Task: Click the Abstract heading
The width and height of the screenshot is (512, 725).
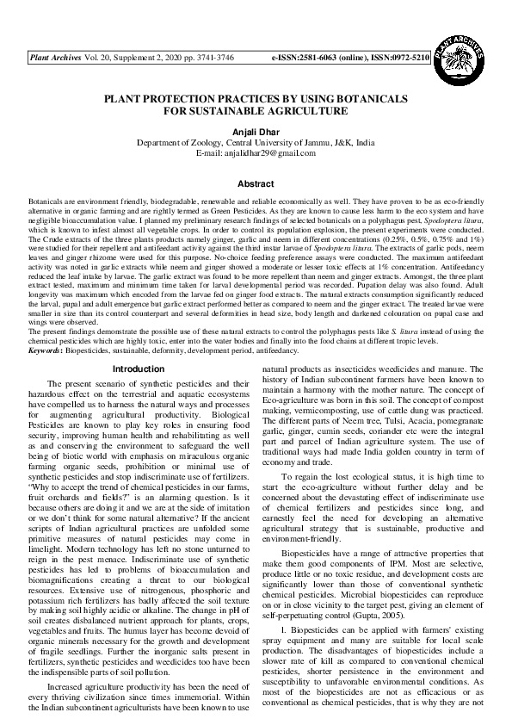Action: [256, 184]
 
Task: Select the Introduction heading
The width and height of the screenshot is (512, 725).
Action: [139, 369]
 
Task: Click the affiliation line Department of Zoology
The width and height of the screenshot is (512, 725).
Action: [256, 142]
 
